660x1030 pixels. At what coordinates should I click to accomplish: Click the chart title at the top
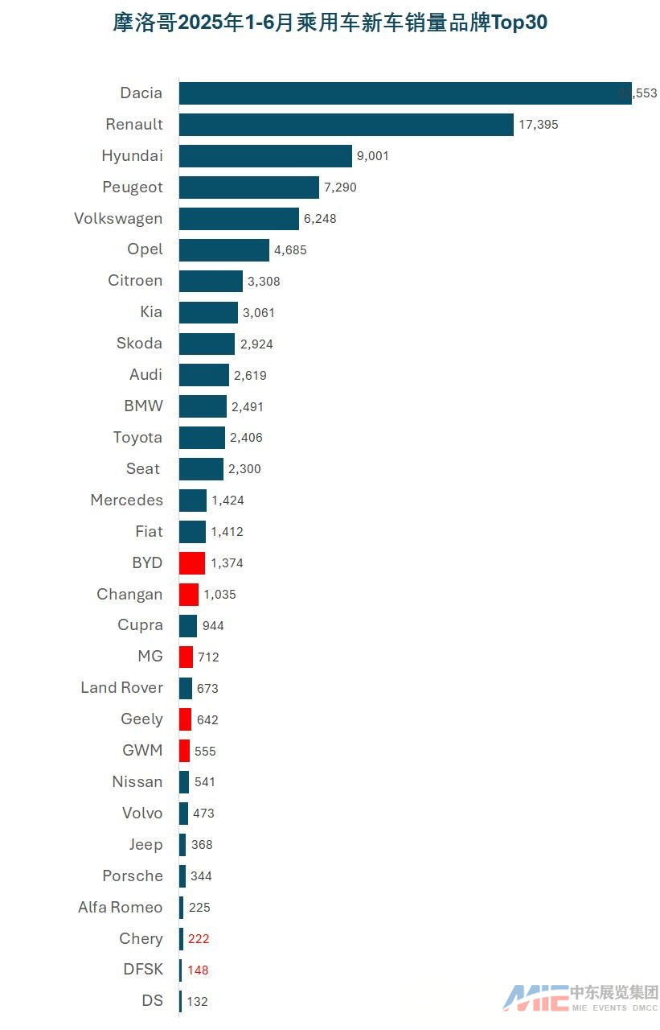(330, 23)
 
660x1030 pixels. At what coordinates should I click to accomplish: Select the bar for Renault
(346, 125)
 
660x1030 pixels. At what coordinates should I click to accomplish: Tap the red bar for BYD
(192, 563)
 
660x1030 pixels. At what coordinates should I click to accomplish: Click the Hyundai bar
(265, 156)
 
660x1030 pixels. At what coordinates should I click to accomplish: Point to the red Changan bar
(189, 595)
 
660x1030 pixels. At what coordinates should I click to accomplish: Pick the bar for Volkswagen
(239, 219)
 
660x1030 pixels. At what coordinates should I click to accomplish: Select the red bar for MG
(186, 657)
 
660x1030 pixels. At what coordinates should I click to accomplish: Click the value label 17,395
(539, 125)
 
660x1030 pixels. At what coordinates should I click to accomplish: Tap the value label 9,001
(372, 156)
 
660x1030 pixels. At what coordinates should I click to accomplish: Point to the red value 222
(198, 939)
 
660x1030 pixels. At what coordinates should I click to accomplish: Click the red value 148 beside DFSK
(198, 970)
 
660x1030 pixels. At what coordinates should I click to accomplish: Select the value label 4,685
(290, 250)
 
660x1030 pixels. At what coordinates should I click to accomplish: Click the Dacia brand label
(141, 93)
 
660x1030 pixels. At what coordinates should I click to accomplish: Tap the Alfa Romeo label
(120, 908)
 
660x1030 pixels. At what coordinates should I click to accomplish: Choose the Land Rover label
(121, 688)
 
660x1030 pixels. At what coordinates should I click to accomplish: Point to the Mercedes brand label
(126, 501)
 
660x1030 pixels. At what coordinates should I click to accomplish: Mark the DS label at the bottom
(152, 1001)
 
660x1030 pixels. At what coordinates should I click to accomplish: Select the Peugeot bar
(249, 187)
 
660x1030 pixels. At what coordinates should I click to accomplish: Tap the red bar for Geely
(185, 719)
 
